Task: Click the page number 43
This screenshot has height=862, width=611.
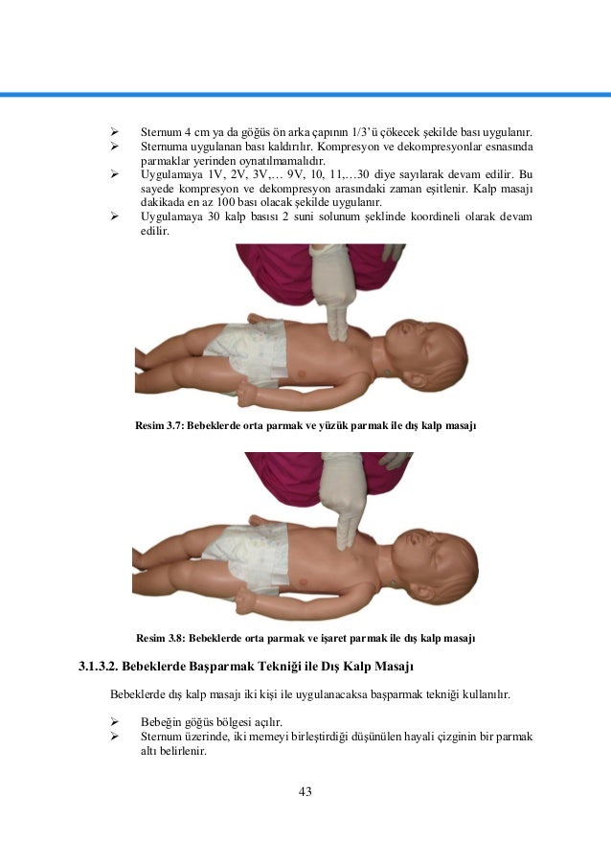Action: [305, 791]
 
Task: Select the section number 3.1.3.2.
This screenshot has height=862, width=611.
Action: [102, 665]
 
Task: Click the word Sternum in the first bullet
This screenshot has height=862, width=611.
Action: [160, 131]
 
